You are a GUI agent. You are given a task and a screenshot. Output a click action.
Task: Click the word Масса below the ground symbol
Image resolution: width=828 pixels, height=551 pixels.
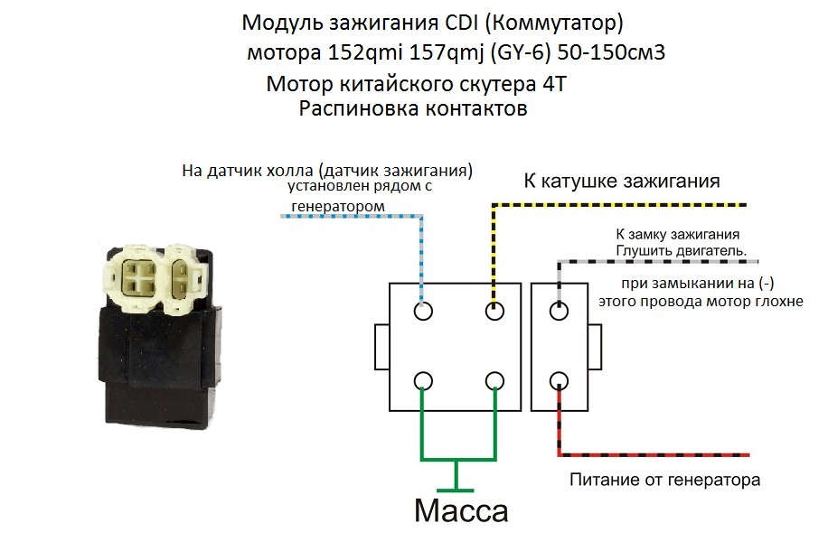(461, 511)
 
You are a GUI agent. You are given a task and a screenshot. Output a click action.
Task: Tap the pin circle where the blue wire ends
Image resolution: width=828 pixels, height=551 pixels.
(422, 312)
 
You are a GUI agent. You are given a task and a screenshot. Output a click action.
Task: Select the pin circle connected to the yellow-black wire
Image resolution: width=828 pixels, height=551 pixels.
(494, 312)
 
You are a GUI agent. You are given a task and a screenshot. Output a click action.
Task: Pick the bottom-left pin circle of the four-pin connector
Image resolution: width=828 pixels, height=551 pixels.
(422, 380)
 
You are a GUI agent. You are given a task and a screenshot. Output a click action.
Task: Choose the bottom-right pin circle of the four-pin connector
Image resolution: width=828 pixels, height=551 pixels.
(494, 380)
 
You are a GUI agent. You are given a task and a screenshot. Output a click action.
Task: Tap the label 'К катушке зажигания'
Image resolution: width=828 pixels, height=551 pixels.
(622, 181)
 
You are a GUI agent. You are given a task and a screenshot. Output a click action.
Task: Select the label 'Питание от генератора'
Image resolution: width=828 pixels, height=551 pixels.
(664, 480)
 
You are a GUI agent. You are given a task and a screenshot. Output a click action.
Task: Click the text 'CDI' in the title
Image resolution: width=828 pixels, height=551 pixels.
(467, 20)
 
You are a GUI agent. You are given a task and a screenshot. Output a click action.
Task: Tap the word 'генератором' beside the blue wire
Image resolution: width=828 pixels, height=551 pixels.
(337, 207)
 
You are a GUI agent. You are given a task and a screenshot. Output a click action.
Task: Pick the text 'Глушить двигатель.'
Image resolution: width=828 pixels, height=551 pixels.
(687, 250)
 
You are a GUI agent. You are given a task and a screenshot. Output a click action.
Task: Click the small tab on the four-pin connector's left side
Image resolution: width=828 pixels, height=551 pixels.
(381, 346)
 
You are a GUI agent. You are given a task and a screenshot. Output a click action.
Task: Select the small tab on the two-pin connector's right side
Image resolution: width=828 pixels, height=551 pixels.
(595, 346)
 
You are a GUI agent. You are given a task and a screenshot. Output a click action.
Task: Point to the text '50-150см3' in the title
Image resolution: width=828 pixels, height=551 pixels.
(611, 52)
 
